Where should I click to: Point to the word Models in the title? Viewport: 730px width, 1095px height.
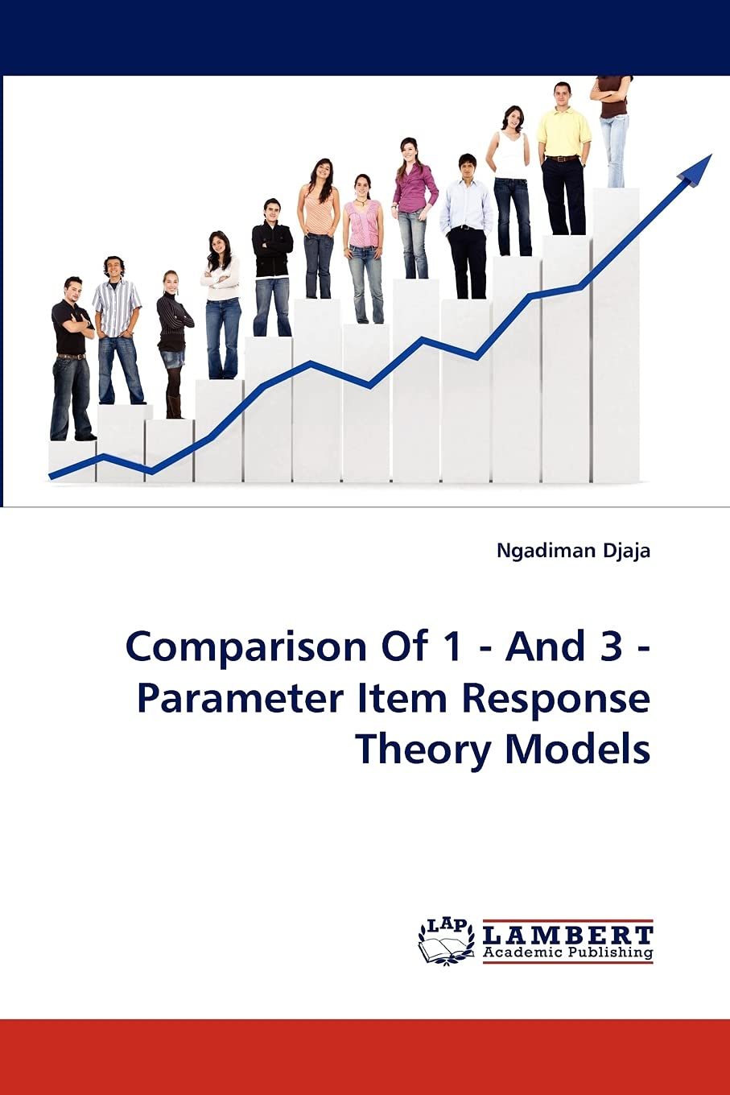[578, 749]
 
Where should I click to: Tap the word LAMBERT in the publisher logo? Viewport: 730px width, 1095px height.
[567, 936]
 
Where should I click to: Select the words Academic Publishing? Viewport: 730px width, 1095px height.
[567, 953]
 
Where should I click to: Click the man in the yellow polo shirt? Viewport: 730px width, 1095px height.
[563, 153]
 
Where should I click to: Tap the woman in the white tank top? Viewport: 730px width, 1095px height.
[509, 177]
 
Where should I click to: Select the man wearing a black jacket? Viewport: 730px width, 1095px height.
[272, 266]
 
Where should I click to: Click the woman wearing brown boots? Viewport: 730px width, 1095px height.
[173, 342]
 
